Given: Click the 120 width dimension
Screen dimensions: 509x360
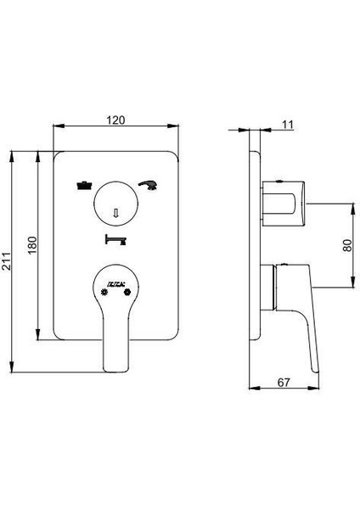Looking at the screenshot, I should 117,120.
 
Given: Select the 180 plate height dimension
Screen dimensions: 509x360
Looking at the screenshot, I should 31,245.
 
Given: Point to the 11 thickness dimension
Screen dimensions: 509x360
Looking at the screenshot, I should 286,125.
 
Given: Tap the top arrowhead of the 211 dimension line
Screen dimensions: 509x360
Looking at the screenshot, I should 14,155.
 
